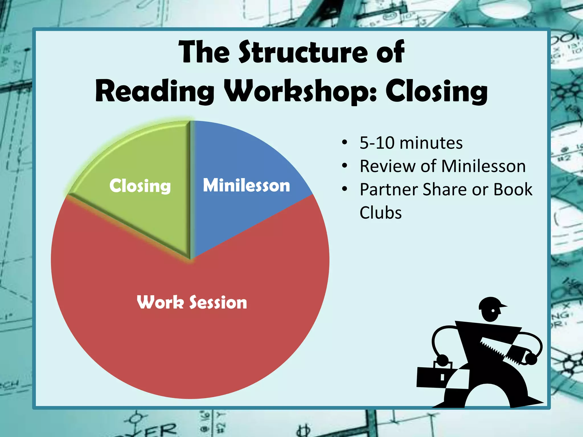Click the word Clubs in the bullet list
[380, 213]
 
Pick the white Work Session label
[192, 302]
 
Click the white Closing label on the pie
[140, 186]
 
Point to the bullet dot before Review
[345, 166]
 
